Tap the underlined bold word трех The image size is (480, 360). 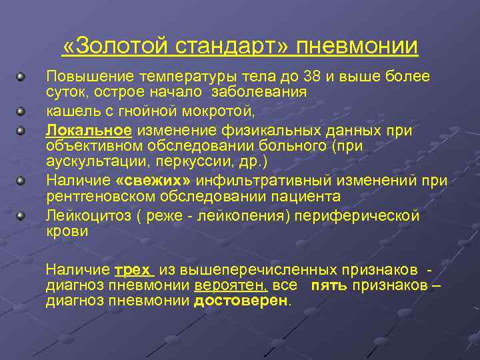tap(134, 269)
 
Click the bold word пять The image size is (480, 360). tap(327, 285)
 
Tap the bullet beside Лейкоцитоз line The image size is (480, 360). tap(22, 216)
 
